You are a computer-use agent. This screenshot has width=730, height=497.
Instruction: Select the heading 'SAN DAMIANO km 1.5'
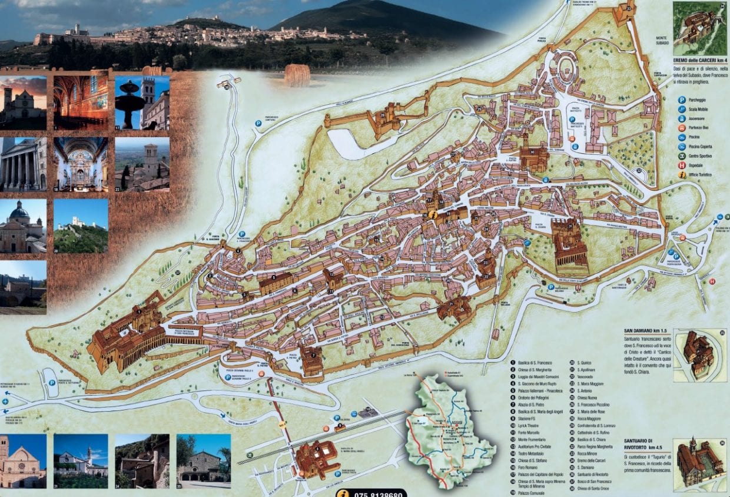pyautogui.click(x=645, y=332)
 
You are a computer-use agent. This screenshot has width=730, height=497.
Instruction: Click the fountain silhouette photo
pyautogui.click(x=142, y=102)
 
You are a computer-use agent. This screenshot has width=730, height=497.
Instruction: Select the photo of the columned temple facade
pyautogui.click(x=24, y=164)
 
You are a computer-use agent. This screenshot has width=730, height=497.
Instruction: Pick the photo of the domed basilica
pyautogui.click(x=24, y=226)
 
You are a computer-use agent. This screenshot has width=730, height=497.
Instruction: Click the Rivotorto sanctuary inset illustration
pyautogui.click(x=700, y=464)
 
